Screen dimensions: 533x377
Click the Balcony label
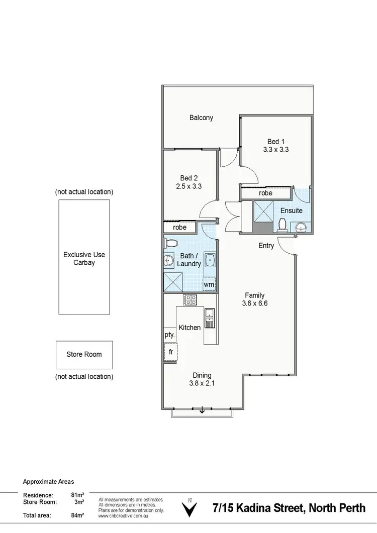[201, 118]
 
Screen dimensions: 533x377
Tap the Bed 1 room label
[275, 141]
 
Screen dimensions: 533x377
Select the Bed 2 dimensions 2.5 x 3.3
[189, 186]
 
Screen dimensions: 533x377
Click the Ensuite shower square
[263, 210]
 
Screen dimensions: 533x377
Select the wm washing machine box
[209, 285]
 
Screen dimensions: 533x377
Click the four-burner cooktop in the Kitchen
[191, 300]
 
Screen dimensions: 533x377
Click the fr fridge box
[170, 352]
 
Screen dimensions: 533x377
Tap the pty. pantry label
[169, 335]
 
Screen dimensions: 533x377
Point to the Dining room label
[202, 375]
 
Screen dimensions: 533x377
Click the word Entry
[266, 246]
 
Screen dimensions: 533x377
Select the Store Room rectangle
[84, 355]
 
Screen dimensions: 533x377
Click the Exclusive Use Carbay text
[84, 259]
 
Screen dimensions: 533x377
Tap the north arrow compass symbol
[190, 509]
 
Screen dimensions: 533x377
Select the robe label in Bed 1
[265, 193]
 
